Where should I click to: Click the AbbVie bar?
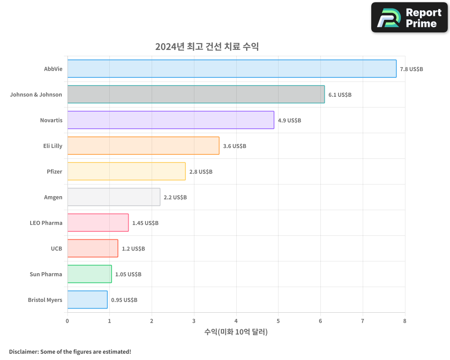coord(232,69)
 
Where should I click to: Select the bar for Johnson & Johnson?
coord(196,94)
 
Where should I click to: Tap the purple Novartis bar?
coord(171,120)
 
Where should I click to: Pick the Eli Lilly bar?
coord(143,146)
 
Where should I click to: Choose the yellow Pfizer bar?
coord(126,171)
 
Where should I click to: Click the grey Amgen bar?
coord(114,197)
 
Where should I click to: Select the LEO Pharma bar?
coord(98,223)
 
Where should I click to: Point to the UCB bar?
coord(93,248)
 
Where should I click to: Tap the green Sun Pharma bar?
coord(90,274)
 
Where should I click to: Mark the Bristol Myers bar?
coord(87,300)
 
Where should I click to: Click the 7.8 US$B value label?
coord(411,69)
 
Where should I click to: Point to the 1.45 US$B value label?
coord(145,223)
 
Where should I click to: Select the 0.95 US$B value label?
coord(124,300)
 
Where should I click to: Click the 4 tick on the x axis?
coord(236,321)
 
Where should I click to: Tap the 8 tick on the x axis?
coord(405,321)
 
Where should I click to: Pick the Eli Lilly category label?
coord(53,146)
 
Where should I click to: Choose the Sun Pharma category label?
coord(46,274)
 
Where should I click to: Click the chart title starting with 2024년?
coord(207,46)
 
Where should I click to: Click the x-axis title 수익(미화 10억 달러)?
coord(236,332)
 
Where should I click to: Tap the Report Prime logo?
coord(409,18)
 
